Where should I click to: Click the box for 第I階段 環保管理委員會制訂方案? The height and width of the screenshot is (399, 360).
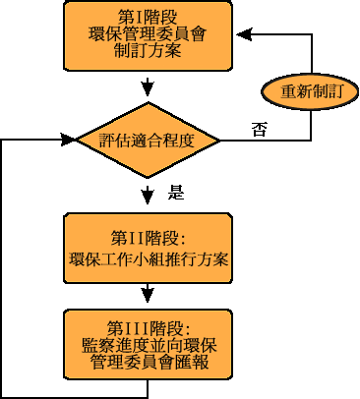click(148, 35)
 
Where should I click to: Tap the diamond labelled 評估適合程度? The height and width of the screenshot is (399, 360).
click(148, 139)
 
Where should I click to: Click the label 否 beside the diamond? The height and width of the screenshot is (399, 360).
click(258, 129)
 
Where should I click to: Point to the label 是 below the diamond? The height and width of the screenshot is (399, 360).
click(176, 193)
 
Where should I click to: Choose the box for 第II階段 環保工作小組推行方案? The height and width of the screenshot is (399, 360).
click(148, 249)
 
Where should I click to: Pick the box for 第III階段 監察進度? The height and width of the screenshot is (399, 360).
click(148, 345)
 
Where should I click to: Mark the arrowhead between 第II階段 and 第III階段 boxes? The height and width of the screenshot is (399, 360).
click(148, 294)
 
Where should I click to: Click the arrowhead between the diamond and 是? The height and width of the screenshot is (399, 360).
click(148, 194)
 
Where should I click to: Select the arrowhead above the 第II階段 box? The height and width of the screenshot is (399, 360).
click(148, 203)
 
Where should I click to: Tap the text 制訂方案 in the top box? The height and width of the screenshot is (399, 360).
click(148, 52)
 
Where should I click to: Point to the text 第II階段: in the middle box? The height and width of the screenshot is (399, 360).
click(149, 238)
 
